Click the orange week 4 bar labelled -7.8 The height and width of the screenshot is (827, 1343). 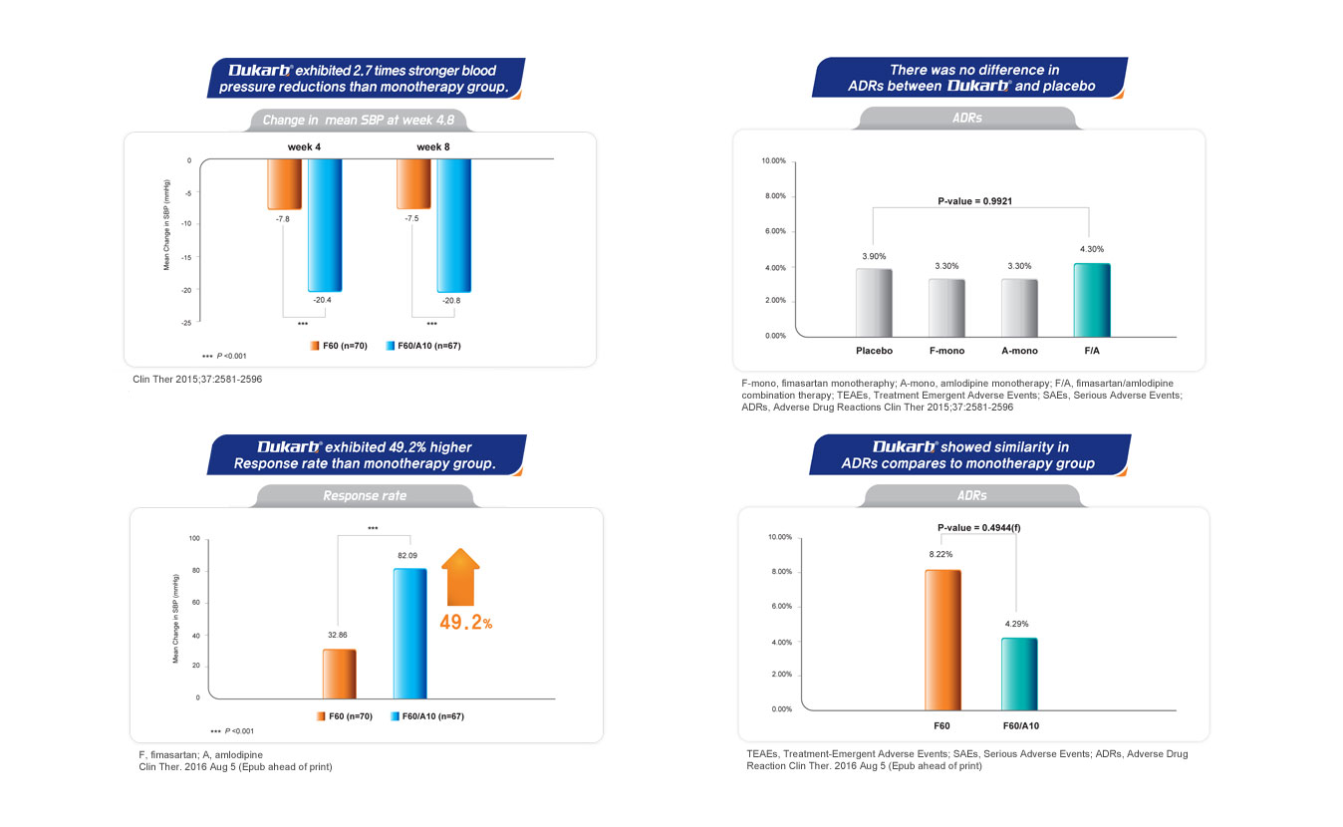(284, 184)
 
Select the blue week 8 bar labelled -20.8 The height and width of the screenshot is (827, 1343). (453, 225)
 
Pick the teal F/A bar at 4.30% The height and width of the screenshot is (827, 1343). (1091, 300)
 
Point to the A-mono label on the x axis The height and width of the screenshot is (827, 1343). (1019, 351)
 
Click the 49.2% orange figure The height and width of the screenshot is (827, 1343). (466, 623)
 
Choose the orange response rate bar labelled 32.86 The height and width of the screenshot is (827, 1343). (339, 674)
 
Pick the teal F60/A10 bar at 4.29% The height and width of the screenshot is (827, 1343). (1019, 674)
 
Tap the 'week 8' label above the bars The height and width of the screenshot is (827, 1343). (432, 146)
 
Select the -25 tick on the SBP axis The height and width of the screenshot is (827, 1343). (185, 322)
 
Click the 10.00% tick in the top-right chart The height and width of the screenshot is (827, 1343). (773, 160)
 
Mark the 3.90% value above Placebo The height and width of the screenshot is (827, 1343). (874, 256)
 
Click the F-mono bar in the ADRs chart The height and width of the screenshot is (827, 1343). (945, 308)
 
